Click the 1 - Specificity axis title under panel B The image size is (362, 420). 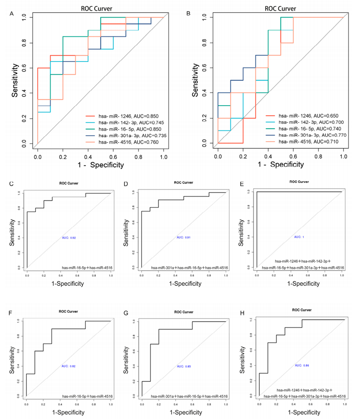click(x=280, y=165)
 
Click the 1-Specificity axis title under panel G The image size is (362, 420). click(x=184, y=412)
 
